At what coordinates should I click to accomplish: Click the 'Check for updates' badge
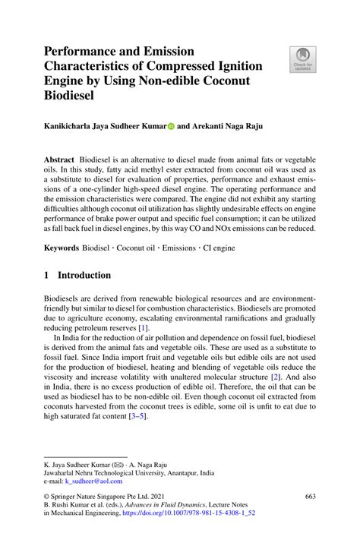[x=303, y=58]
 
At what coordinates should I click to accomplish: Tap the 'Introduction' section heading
[x=85, y=275]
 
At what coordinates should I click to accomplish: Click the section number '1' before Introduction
[x=46, y=275]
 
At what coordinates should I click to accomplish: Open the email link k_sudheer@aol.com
[x=93, y=481]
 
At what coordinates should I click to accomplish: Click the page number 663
[x=310, y=497]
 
